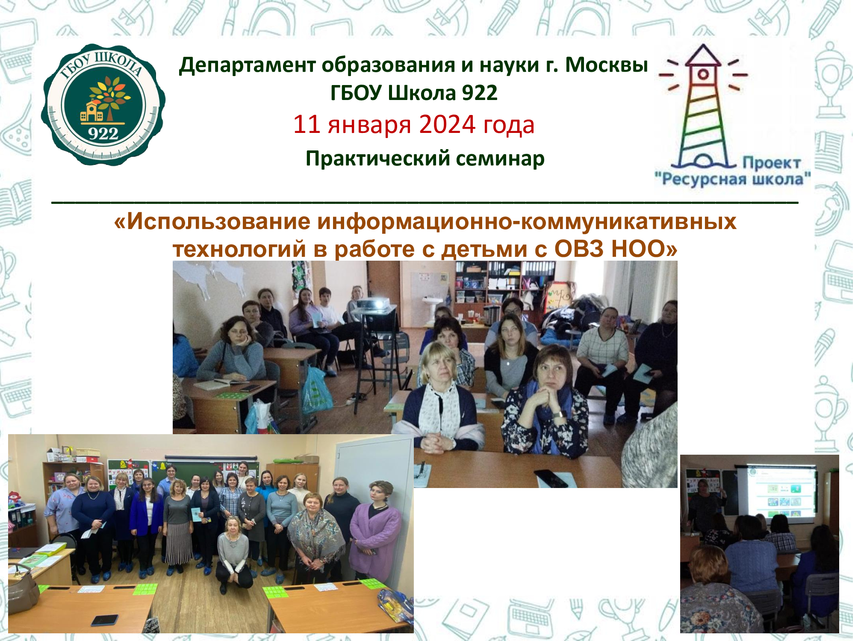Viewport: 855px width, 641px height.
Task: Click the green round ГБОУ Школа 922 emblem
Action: (103, 105)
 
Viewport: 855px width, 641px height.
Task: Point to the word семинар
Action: (500, 159)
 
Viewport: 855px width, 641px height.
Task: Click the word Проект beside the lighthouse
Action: (772, 163)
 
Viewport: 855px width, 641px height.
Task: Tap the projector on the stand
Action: (373, 306)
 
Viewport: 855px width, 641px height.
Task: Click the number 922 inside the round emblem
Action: (103, 134)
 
